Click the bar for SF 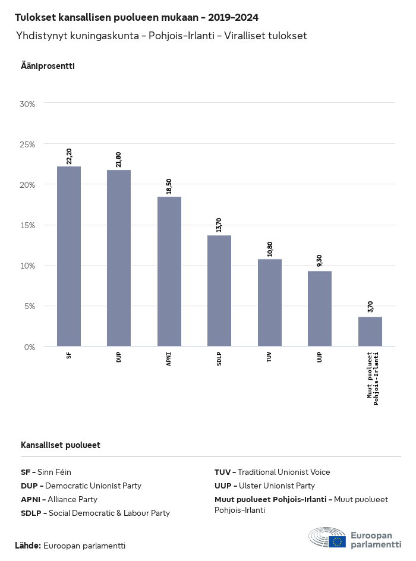[69, 256]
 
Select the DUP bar [119, 258]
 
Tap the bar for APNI [169, 271]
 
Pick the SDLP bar [219, 291]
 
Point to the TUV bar [270, 302]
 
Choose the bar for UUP [320, 308]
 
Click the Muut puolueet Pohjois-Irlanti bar [370, 331]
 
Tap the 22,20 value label [70, 156]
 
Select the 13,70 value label [220, 225]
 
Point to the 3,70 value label [371, 307]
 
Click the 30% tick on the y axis [28, 104]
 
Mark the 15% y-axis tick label [28, 225]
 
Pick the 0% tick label [30, 346]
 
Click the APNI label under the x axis [169, 358]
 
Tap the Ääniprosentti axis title [48, 66]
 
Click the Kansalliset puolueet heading [61, 445]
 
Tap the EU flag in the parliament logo [338, 541]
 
